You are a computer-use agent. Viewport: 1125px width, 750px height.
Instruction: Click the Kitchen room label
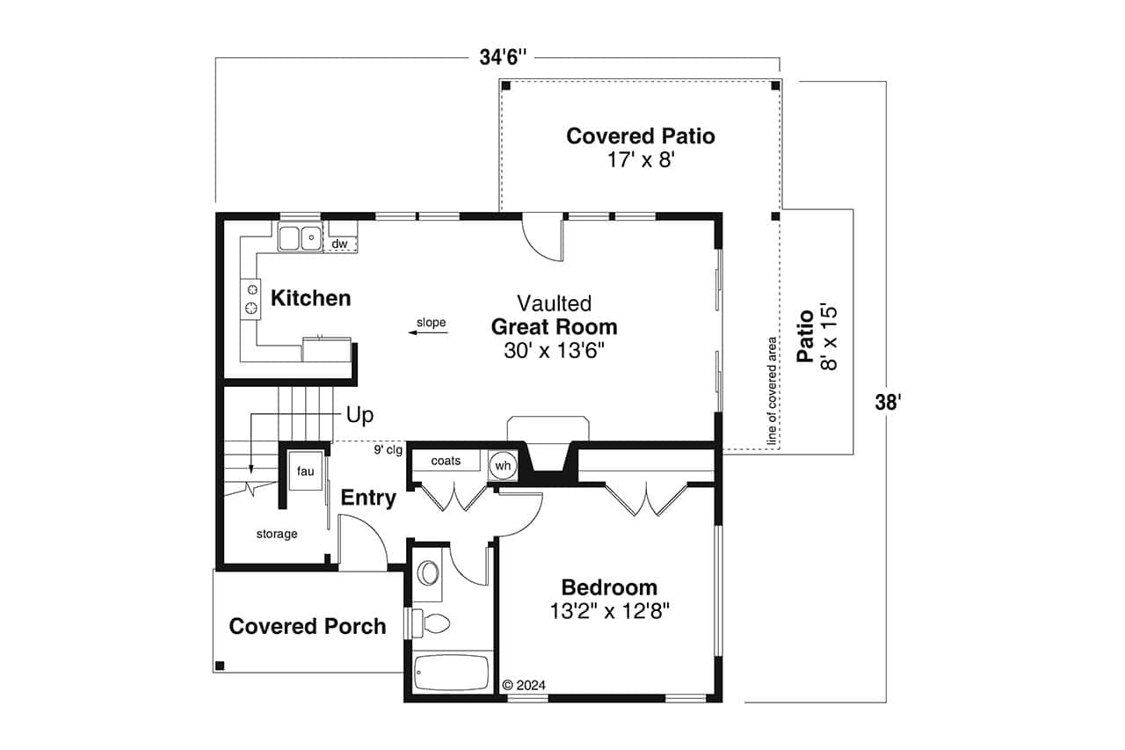(x=310, y=299)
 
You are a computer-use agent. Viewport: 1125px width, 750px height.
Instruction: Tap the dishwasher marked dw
(x=340, y=244)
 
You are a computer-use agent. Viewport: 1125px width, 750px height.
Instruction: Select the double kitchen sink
(x=300, y=237)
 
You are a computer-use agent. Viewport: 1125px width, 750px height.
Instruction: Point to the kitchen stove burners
(x=252, y=298)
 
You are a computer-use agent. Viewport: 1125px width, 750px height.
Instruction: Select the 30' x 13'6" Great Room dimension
(x=554, y=350)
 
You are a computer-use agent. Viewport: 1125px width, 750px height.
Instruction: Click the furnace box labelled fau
(x=305, y=472)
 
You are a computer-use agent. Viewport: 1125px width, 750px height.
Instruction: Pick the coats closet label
(x=446, y=461)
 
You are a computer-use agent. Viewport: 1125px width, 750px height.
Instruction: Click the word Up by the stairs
(x=359, y=415)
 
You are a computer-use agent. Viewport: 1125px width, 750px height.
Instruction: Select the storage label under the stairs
(x=277, y=534)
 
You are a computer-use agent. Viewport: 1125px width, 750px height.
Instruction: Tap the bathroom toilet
(x=432, y=623)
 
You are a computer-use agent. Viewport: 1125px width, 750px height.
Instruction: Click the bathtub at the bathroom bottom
(x=451, y=674)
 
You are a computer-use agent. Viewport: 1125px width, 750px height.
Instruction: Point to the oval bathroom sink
(x=428, y=573)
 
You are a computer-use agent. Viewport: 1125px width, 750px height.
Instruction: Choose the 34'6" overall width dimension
(x=504, y=57)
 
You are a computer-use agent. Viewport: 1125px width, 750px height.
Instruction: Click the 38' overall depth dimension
(x=889, y=403)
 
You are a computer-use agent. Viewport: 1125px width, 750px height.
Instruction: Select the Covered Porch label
(x=308, y=627)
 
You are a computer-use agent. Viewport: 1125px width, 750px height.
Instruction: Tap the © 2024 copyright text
(x=524, y=685)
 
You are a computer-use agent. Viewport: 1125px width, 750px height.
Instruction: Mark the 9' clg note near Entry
(x=388, y=451)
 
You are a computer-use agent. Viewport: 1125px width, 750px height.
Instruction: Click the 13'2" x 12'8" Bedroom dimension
(x=610, y=611)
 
